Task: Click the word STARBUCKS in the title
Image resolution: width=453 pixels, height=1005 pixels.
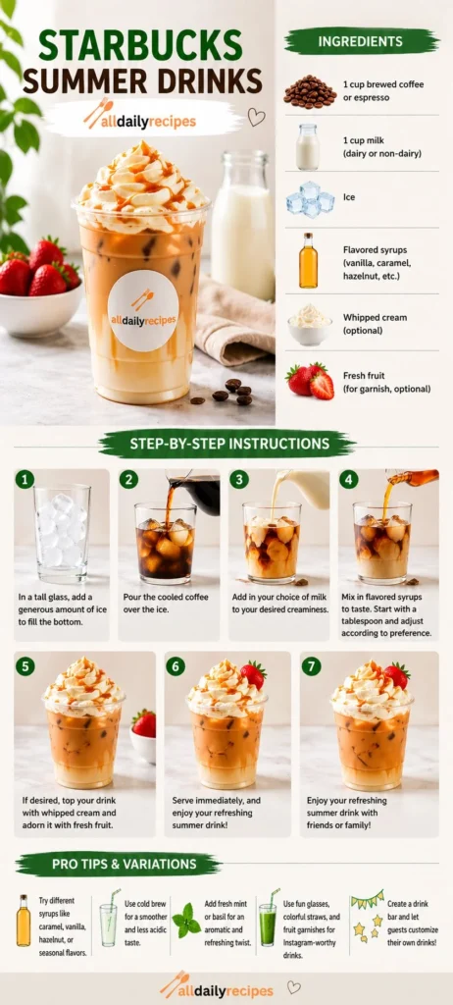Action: (139, 45)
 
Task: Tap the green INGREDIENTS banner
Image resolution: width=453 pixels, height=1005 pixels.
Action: (361, 41)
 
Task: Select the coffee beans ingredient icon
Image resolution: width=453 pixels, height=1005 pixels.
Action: (309, 91)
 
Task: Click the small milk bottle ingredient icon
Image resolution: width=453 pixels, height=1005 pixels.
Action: (308, 146)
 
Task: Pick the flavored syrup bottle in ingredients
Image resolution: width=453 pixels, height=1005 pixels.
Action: (308, 260)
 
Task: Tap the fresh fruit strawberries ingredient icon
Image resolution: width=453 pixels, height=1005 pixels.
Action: (311, 380)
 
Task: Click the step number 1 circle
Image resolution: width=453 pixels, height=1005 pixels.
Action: (25, 479)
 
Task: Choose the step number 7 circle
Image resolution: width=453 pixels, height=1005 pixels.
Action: (311, 666)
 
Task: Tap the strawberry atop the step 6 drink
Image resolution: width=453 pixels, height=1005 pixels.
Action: (253, 674)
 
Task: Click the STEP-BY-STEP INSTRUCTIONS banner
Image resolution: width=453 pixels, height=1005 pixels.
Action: (226, 444)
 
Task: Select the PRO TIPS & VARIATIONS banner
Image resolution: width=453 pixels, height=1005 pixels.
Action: (118, 864)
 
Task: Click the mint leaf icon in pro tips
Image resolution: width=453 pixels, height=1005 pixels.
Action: (185, 920)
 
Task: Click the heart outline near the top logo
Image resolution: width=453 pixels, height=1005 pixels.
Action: (256, 117)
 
